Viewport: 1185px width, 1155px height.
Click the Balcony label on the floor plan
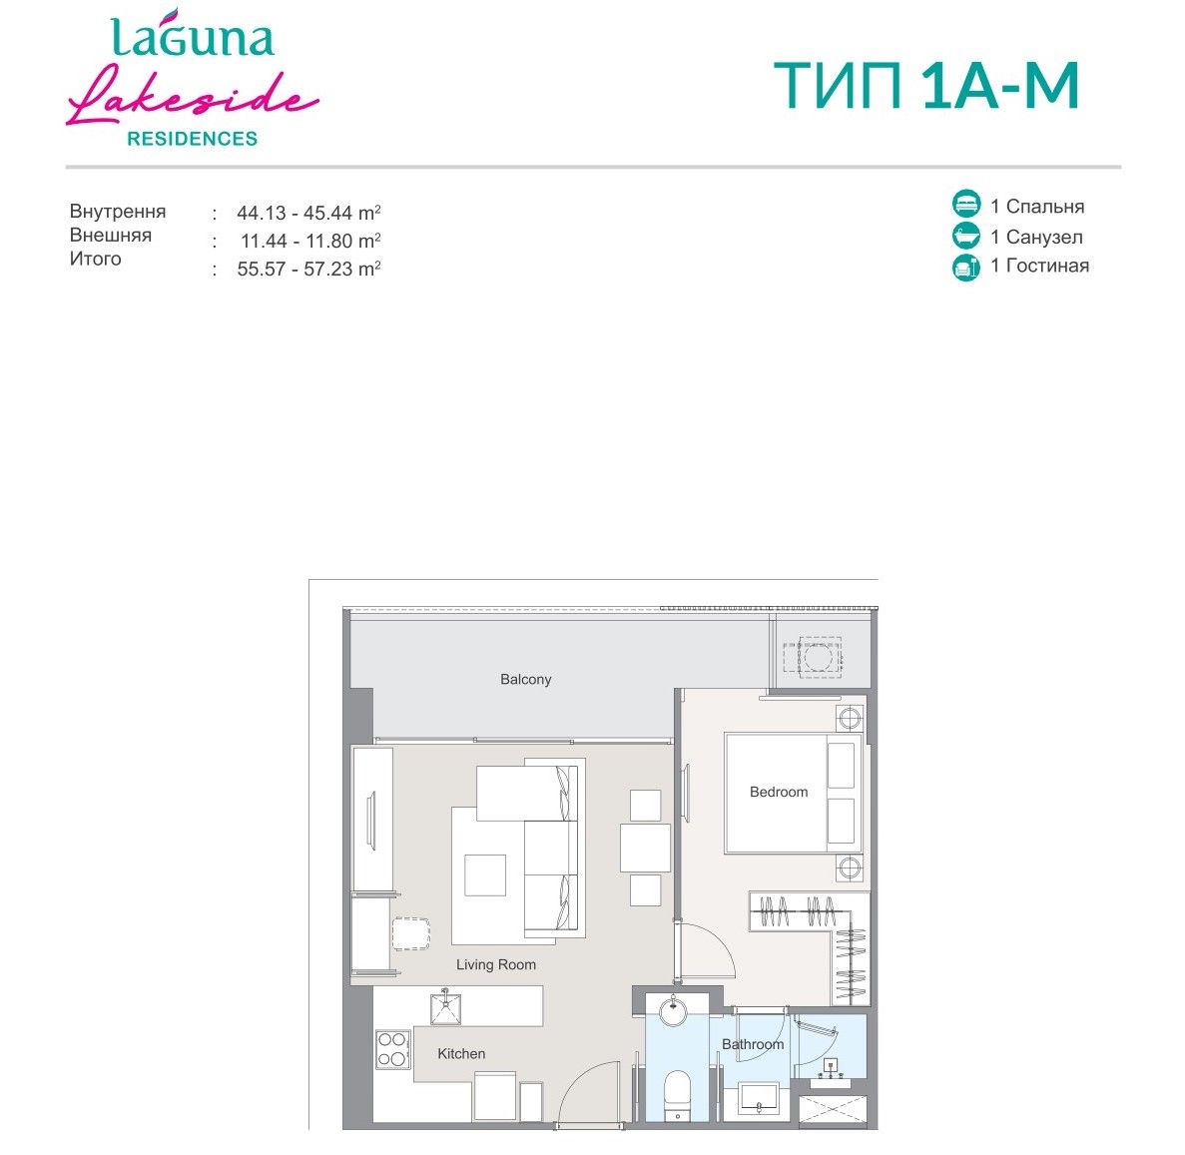(525, 680)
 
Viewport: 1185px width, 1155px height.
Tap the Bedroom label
(779, 792)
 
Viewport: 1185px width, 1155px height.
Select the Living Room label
(496, 964)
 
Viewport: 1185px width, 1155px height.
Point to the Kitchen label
(461, 1054)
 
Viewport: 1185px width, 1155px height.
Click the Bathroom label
(753, 1044)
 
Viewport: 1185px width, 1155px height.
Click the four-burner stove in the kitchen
(393, 1049)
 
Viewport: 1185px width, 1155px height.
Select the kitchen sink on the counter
(446, 1007)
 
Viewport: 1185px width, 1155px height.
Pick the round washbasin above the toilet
(674, 1010)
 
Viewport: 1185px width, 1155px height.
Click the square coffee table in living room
(485, 875)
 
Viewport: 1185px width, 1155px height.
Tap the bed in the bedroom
(793, 793)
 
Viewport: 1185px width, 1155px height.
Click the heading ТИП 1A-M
(926, 86)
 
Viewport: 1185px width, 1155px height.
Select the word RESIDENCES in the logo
(192, 139)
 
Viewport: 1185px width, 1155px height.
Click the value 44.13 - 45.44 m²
(308, 214)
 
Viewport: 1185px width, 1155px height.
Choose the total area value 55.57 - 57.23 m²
(308, 270)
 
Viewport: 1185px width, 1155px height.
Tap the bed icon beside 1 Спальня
(965, 204)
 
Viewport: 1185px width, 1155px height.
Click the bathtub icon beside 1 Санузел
(965, 236)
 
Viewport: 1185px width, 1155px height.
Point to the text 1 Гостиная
(1040, 266)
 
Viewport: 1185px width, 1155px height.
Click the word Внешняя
(111, 235)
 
